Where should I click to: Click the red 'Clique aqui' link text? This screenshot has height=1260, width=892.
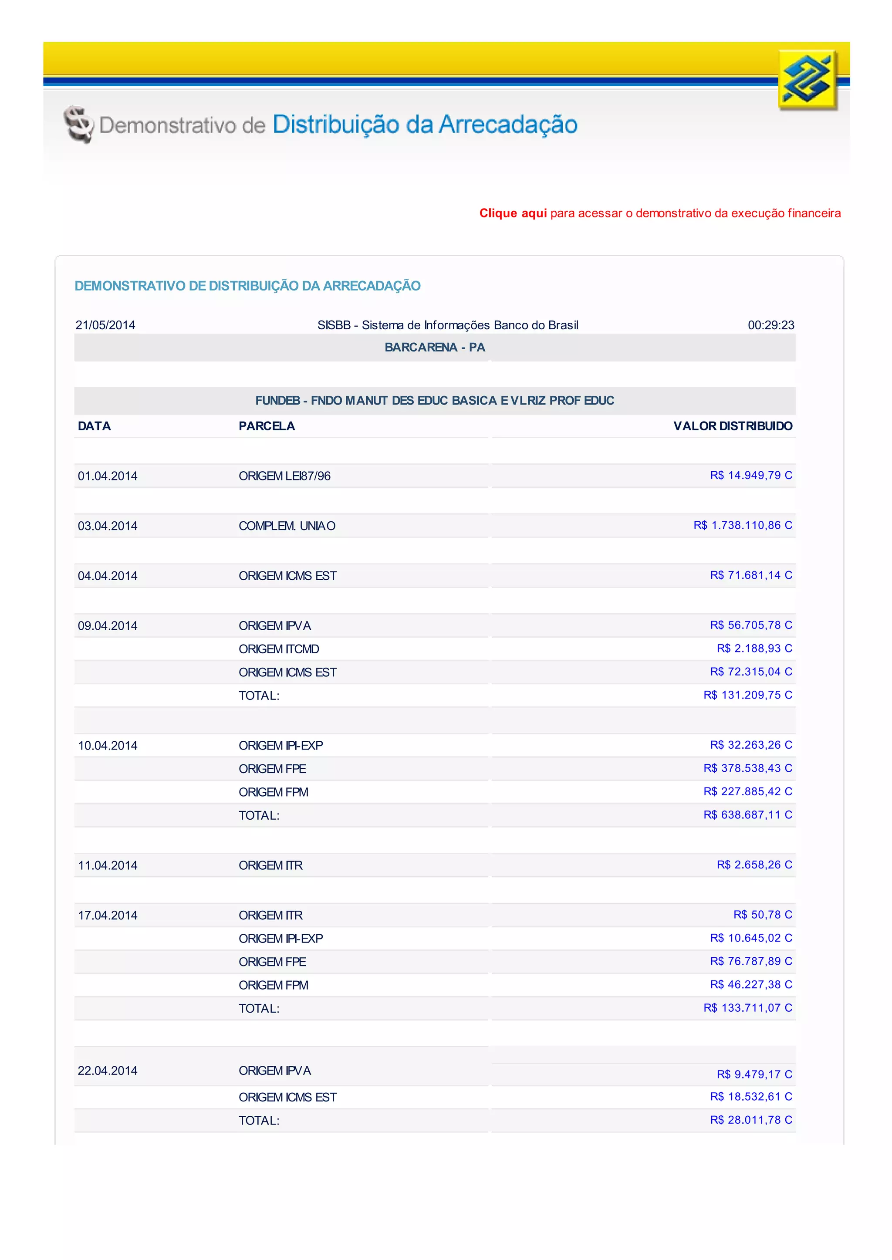(x=513, y=213)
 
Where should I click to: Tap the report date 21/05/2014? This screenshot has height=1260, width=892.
(x=105, y=325)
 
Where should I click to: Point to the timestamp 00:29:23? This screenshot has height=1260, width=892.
(x=770, y=325)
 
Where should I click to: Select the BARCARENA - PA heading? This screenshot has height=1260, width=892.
(x=435, y=347)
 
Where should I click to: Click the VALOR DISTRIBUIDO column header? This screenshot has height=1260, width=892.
(x=733, y=426)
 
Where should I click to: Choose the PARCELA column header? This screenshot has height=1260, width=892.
(x=267, y=426)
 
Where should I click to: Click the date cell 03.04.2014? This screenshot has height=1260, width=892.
(x=108, y=526)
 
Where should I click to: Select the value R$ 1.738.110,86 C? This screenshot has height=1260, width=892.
(x=743, y=525)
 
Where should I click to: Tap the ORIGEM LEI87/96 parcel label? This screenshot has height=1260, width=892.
(x=284, y=476)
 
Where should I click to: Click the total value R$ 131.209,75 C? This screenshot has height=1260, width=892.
(x=747, y=695)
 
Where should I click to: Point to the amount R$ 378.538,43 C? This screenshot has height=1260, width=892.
(x=747, y=768)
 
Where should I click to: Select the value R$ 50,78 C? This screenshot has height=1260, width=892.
(x=762, y=915)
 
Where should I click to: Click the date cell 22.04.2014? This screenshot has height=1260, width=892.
(x=108, y=1071)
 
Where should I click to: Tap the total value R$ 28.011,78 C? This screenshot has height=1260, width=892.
(x=751, y=1119)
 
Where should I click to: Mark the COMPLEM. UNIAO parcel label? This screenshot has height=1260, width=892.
(x=287, y=526)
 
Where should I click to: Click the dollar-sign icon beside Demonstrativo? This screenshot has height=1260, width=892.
(x=78, y=124)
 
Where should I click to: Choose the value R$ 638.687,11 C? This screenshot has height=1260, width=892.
(x=747, y=814)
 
